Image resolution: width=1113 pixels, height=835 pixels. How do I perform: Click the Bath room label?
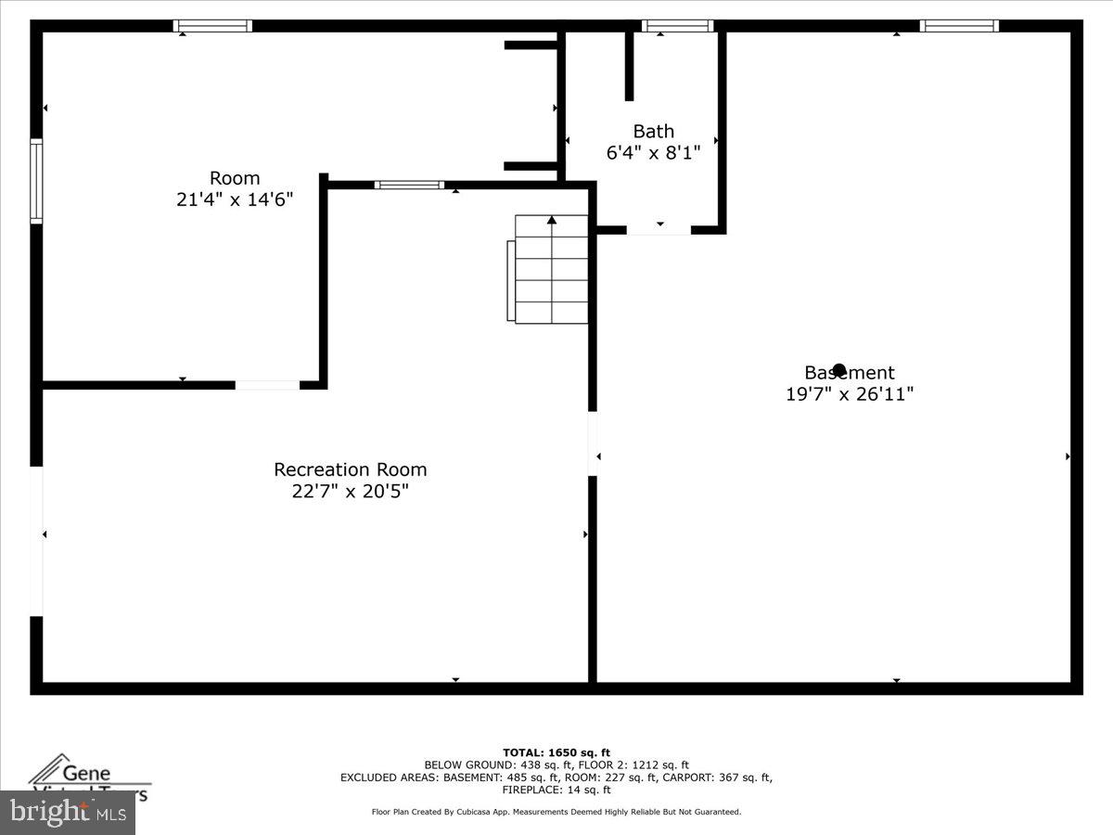pos(653,131)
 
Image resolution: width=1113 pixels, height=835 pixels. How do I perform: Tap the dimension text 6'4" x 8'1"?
pos(653,152)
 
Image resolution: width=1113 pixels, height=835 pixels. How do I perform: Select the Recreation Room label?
pos(350,469)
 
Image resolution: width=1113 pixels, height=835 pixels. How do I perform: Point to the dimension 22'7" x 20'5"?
pos(350,492)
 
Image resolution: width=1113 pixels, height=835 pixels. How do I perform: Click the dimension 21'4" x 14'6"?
pos(235,199)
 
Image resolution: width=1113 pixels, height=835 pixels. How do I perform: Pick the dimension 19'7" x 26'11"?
pos(850,393)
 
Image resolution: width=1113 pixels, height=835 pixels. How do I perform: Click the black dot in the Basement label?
pos(839,369)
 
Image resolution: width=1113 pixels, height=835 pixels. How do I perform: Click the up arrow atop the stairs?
pos(552,220)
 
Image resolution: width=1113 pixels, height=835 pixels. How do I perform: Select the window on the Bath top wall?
pos(677,26)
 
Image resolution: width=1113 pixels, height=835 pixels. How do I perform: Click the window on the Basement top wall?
pos(959,26)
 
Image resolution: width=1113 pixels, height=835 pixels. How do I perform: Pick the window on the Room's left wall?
pos(36,181)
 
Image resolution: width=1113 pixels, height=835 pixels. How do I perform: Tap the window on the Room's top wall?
pos(212,26)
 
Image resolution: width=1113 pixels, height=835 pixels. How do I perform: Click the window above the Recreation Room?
pos(409,185)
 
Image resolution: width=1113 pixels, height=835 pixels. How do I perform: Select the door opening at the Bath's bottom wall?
pos(659,229)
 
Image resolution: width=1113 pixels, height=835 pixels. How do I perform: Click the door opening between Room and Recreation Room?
pos(267,384)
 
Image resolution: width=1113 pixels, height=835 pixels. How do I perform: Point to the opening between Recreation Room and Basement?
pos(592,443)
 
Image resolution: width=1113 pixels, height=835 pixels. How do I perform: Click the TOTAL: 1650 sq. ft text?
pos(556,752)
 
